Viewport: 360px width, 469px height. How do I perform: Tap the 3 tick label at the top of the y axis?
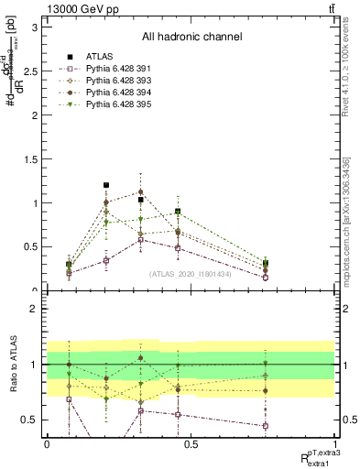coord(34,27)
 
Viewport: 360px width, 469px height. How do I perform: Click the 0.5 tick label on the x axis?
coord(191,444)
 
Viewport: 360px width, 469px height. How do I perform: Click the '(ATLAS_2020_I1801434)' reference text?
coord(191,273)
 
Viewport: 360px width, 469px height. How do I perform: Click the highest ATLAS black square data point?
coord(106,185)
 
